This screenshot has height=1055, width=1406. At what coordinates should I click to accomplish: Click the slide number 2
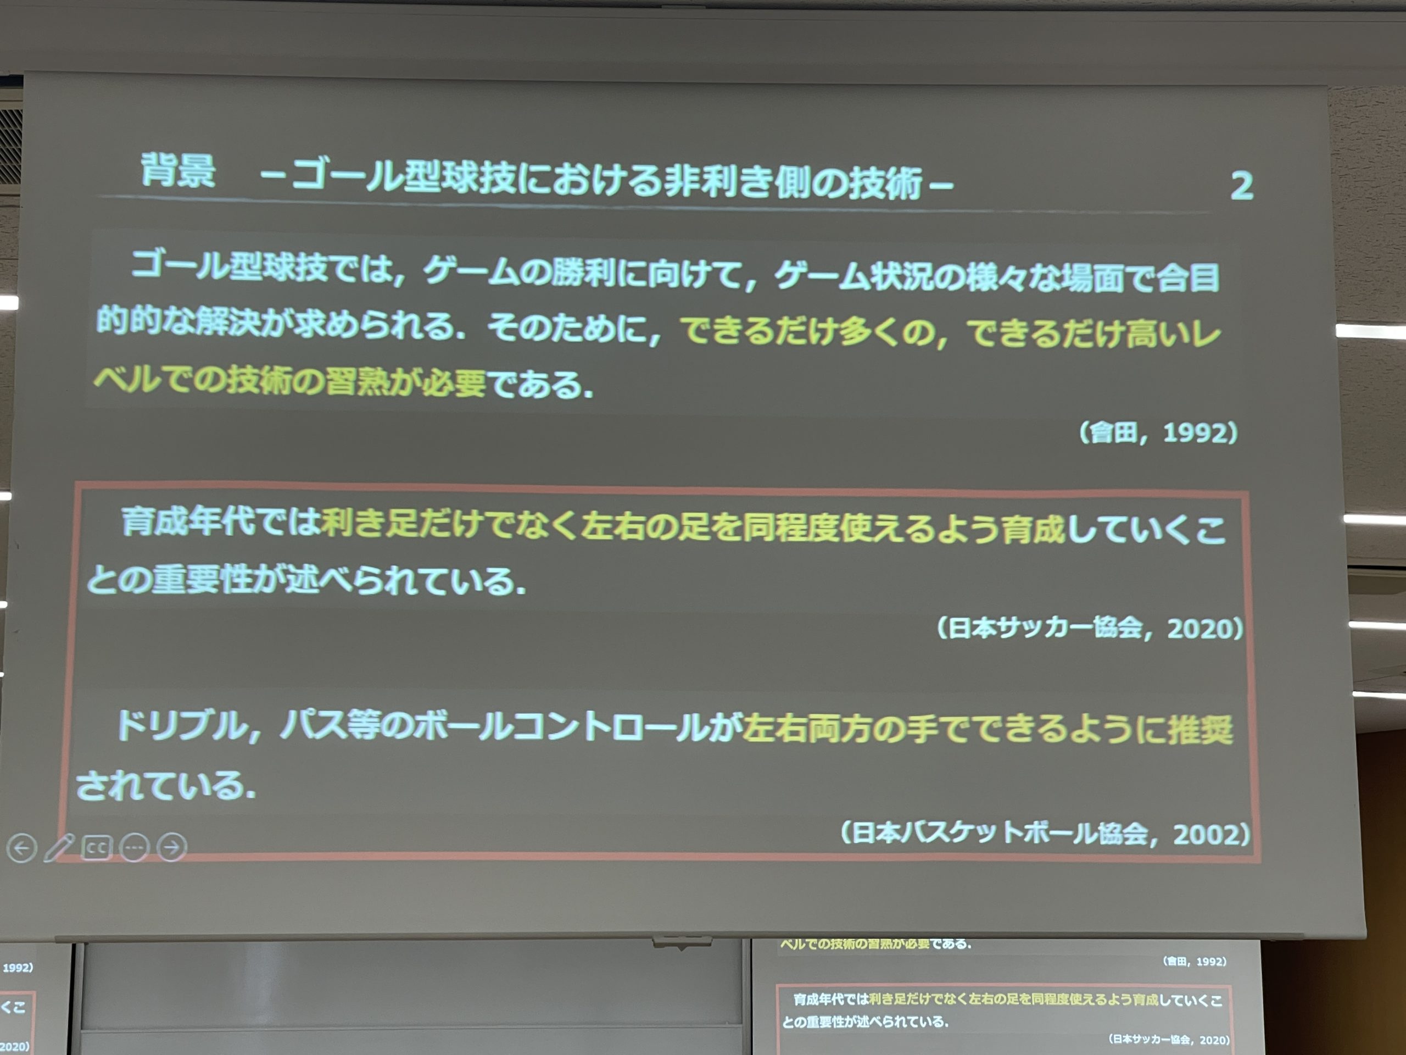[x=1241, y=186]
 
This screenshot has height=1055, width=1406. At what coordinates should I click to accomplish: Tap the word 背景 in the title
[x=178, y=170]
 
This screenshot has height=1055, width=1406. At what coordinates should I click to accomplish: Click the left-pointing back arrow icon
[x=21, y=848]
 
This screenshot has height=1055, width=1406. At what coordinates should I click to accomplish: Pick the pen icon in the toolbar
[x=59, y=848]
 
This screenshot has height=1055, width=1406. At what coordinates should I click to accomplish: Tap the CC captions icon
[x=97, y=848]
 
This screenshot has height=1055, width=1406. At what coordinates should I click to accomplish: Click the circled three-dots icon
[x=134, y=848]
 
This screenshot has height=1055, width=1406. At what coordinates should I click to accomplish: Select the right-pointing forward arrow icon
[x=171, y=847]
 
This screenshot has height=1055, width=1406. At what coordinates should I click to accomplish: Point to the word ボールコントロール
[x=560, y=727]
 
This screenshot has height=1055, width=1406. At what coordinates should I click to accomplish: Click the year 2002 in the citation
[x=1205, y=834]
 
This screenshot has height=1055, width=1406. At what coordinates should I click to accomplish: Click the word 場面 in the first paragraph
[x=1090, y=278]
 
